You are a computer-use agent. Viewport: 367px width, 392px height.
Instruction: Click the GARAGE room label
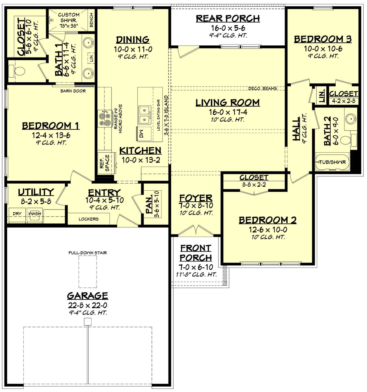[x=87, y=296]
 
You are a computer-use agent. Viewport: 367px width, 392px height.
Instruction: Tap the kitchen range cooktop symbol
[x=104, y=118]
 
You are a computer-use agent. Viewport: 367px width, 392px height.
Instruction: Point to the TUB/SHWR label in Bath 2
[x=332, y=162]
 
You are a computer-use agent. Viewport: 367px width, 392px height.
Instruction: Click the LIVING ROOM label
[x=228, y=103]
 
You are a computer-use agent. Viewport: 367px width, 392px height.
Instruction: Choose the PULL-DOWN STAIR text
[x=88, y=253]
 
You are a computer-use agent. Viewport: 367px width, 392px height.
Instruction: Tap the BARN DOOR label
[x=73, y=91]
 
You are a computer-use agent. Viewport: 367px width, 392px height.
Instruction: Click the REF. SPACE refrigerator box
[x=106, y=164]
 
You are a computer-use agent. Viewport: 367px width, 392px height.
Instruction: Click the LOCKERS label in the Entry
[x=88, y=219]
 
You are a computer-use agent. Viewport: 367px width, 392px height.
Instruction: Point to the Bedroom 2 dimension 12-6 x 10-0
[x=268, y=230]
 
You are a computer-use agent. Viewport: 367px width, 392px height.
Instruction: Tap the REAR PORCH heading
[x=228, y=19]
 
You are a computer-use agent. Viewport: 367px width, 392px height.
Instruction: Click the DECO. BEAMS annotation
[x=262, y=89]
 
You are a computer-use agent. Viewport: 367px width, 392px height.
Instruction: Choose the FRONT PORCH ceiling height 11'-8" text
[x=196, y=274]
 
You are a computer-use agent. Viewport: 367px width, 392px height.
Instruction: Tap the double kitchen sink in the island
[x=144, y=115]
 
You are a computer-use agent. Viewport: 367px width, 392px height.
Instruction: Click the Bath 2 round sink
[x=351, y=119]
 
